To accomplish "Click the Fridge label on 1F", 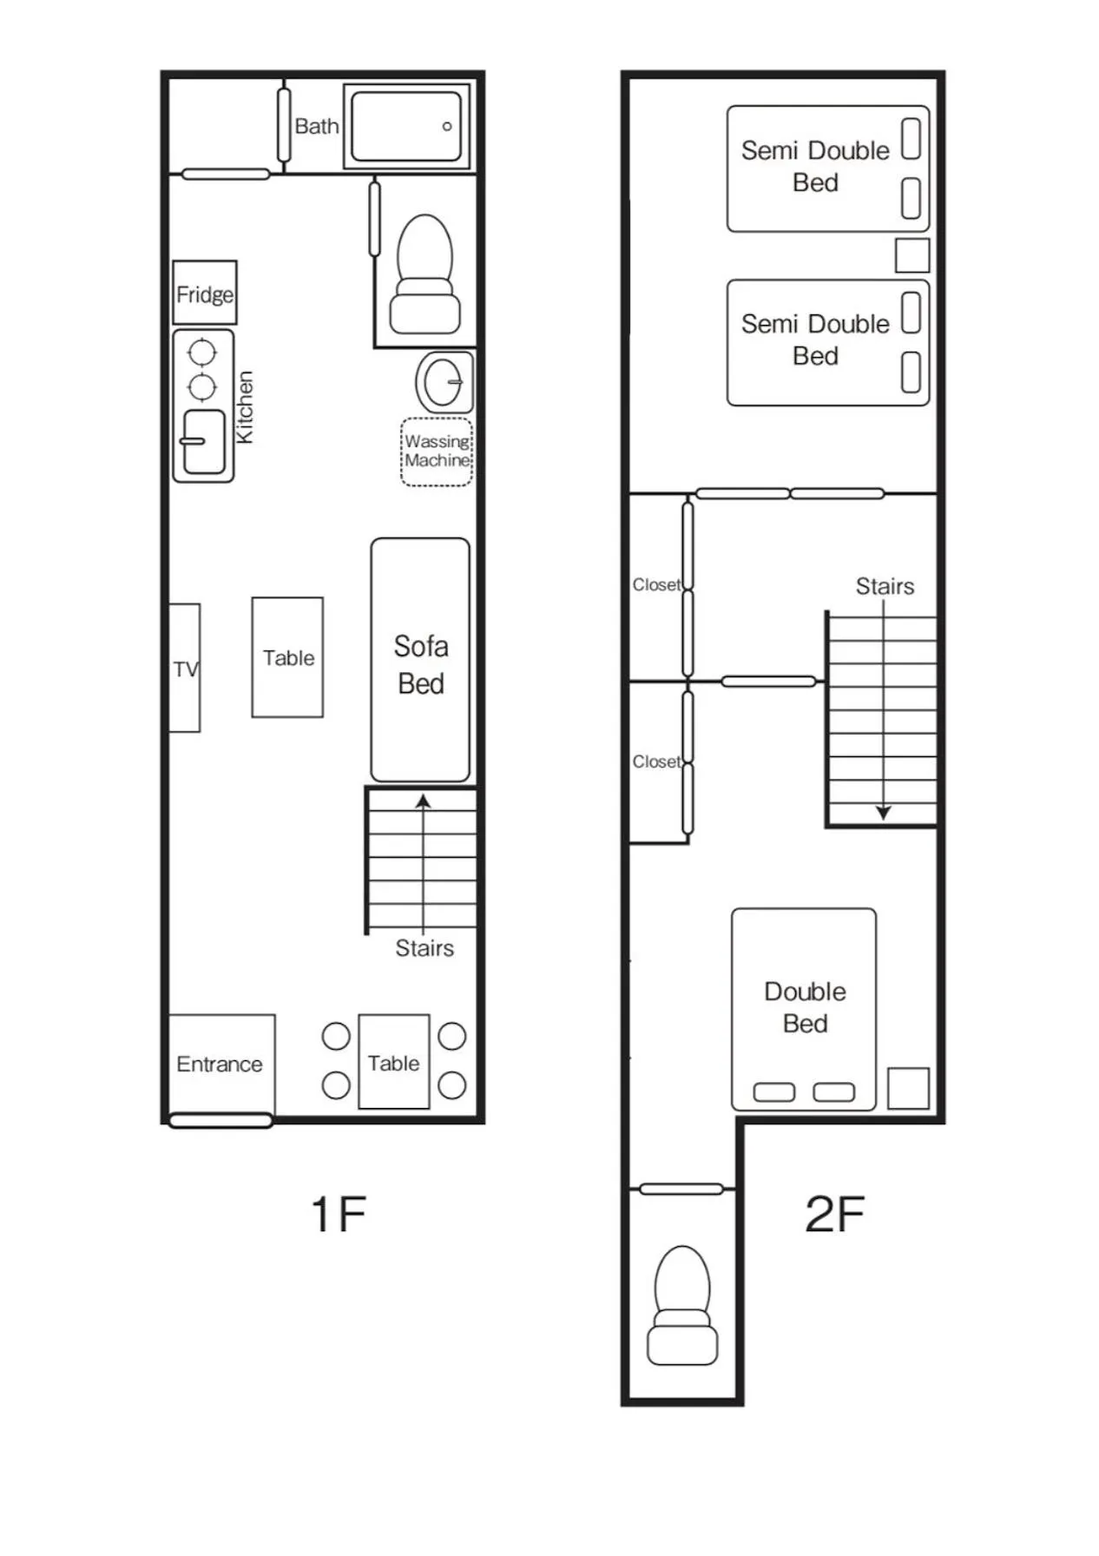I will pyautogui.click(x=205, y=294).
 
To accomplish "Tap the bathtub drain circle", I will pyautogui.click(x=447, y=127).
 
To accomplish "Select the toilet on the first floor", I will pyautogui.click(x=424, y=276).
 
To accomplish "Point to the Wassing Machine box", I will pyautogui.click(x=437, y=452).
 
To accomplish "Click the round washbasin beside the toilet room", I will pyautogui.click(x=444, y=381).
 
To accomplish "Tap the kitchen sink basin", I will pyautogui.click(x=204, y=442).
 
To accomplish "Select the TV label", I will pyautogui.click(x=185, y=669).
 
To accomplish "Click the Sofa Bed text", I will pyautogui.click(x=421, y=664).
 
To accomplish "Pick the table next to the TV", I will pyautogui.click(x=287, y=657).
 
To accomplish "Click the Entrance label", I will pyautogui.click(x=220, y=1065).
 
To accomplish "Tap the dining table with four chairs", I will pyautogui.click(x=394, y=1063).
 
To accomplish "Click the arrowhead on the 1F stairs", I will pyautogui.click(x=424, y=801).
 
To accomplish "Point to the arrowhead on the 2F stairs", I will pyautogui.click(x=884, y=813).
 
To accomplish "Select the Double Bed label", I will pyautogui.click(x=805, y=1007).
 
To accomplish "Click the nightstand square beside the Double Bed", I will pyautogui.click(x=908, y=1088).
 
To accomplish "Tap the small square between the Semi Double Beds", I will pyautogui.click(x=912, y=255).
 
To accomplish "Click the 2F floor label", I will pyautogui.click(x=834, y=1214).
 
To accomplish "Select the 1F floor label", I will pyautogui.click(x=339, y=1214).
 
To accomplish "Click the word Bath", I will pyautogui.click(x=317, y=127).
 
